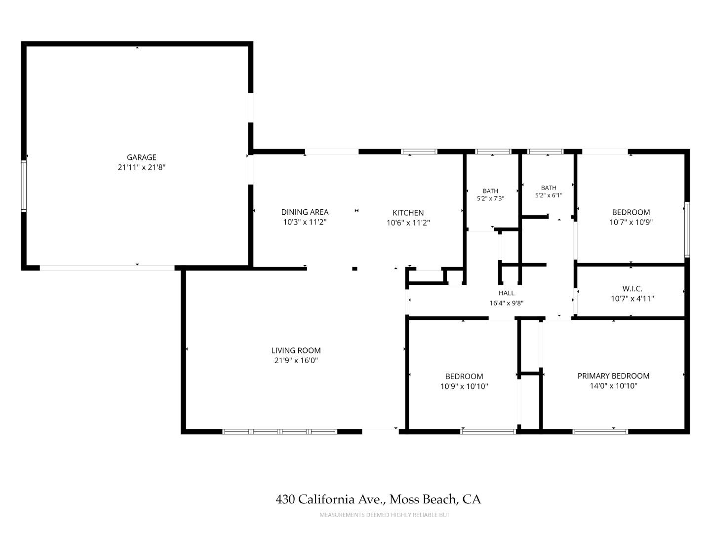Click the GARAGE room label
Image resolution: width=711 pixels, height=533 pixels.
[x=142, y=157]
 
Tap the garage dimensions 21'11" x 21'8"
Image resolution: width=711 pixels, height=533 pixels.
[x=142, y=167]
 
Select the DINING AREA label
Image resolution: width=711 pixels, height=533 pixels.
[x=305, y=212]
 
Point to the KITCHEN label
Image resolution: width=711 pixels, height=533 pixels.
[x=408, y=213]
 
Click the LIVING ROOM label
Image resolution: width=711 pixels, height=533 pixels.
[x=296, y=350]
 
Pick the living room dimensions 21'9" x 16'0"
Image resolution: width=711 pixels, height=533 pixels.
[x=296, y=360]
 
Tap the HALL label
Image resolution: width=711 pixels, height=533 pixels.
[x=506, y=293]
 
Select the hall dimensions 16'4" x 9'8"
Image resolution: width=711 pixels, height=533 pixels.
[x=506, y=303]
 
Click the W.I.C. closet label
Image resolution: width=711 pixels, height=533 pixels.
[x=632, y=288]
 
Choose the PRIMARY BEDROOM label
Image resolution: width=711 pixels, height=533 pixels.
[x=614, y=376]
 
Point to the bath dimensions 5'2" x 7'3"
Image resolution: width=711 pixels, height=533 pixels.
[x=490, y=198]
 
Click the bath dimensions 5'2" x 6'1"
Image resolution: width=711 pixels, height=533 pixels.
[x=549, y=195]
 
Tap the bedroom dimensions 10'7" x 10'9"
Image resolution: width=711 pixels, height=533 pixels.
[x=631, y=222]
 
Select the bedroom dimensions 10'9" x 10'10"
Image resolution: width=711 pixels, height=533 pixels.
[x=464, y=386]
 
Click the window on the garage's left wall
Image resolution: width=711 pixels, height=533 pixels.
[x=24, y=186]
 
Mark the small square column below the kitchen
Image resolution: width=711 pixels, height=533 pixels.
[x=355, y=268]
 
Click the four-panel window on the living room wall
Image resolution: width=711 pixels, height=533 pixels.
[x=280, y=431]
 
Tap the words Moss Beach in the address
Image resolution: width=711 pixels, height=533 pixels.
[x=424, y=499]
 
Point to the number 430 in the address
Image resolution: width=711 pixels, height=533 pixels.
[x=285, y=499]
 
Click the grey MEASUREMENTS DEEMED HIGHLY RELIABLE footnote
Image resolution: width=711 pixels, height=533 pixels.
[x=385, y=515]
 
